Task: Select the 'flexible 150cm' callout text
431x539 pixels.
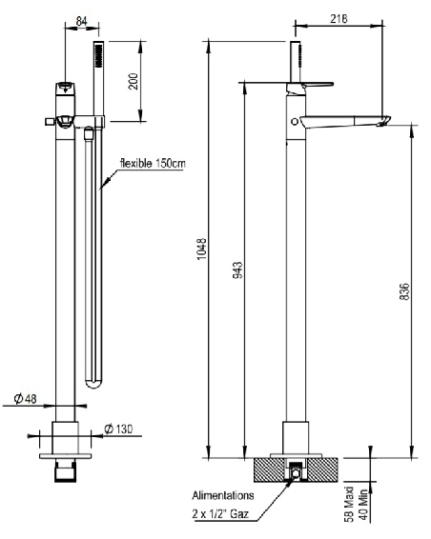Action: (153, 163)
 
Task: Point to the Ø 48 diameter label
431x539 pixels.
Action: (26, 398)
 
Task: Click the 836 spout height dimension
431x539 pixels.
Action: (404, 290)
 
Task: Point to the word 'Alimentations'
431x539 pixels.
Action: (224, 496)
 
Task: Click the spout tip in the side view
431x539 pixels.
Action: (384, 120)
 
